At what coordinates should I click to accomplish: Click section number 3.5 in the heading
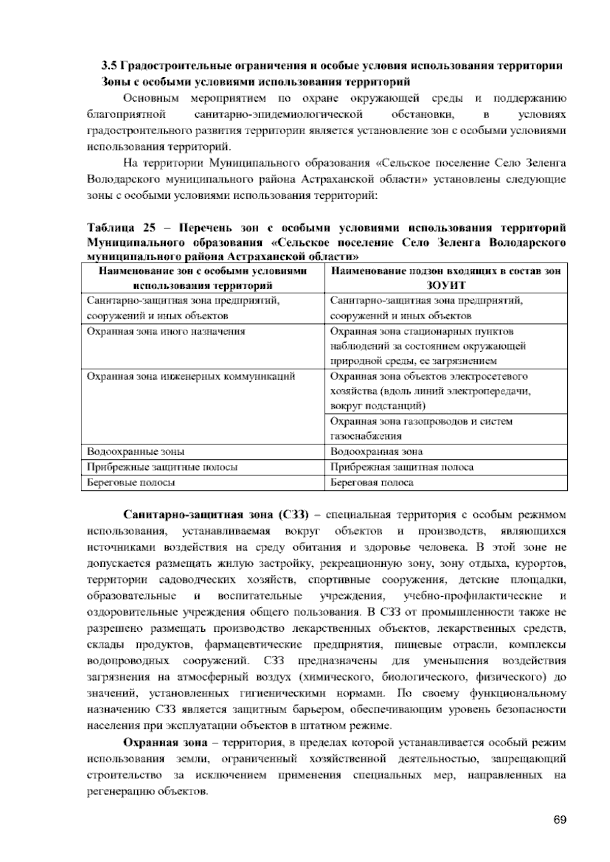(108, 67)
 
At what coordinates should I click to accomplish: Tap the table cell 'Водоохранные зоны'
(136, 451)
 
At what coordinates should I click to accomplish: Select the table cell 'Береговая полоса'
(372, 482)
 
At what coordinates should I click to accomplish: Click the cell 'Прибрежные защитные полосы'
(162, 467)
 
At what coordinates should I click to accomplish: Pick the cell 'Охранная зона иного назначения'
(166, 331)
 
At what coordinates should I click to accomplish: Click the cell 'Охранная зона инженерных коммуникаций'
(191, 376)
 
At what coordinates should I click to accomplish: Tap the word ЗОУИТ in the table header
(446, 286)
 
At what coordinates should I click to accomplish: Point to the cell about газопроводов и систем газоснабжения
(421, 428)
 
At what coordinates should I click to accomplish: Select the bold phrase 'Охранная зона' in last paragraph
(166, 743)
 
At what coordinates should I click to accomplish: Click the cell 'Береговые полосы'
(131, 482)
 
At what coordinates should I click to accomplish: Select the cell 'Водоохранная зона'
(376, 451)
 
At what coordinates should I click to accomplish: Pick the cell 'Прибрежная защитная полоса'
(402, 467)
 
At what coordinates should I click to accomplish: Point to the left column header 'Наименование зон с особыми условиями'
(202, 271)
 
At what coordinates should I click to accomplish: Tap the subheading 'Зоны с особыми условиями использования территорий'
(256, 82)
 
